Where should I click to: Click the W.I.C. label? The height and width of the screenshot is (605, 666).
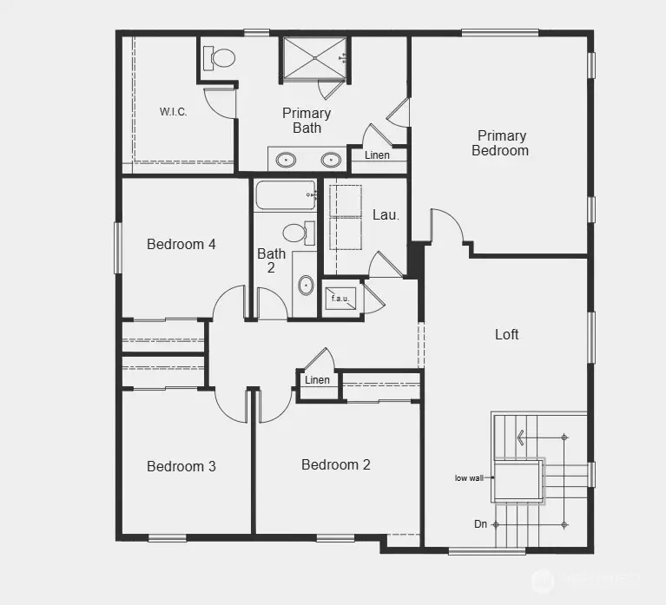pos(174,112)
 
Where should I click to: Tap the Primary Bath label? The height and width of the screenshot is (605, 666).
pos(307,121)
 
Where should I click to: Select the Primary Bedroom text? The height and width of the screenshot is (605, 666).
pos(500,143)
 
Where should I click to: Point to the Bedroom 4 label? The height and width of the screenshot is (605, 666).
pos(181,245)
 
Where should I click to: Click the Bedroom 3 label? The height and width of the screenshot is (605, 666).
pos(181,467)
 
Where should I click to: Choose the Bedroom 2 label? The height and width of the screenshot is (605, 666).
pos(336,465)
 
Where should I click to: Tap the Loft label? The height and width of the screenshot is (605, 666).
pos(507,334)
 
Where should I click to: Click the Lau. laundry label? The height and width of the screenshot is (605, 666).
pos(386,215)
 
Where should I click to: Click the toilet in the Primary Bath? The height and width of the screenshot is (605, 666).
pos(221,58)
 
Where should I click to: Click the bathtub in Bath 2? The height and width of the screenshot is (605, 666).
pos(283,195)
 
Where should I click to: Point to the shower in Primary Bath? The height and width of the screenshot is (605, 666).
pos(313,57)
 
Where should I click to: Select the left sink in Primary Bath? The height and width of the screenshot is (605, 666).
pos(286,160)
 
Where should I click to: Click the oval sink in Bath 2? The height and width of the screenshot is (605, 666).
pos(306,285)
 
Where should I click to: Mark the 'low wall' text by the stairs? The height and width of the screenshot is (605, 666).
pos(469,478)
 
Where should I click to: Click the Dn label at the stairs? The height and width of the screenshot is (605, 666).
pos(480,524)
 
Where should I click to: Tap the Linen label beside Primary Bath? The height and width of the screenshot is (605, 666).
pos(377,156)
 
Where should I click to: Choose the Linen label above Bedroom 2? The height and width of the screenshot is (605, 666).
pos(318,380)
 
